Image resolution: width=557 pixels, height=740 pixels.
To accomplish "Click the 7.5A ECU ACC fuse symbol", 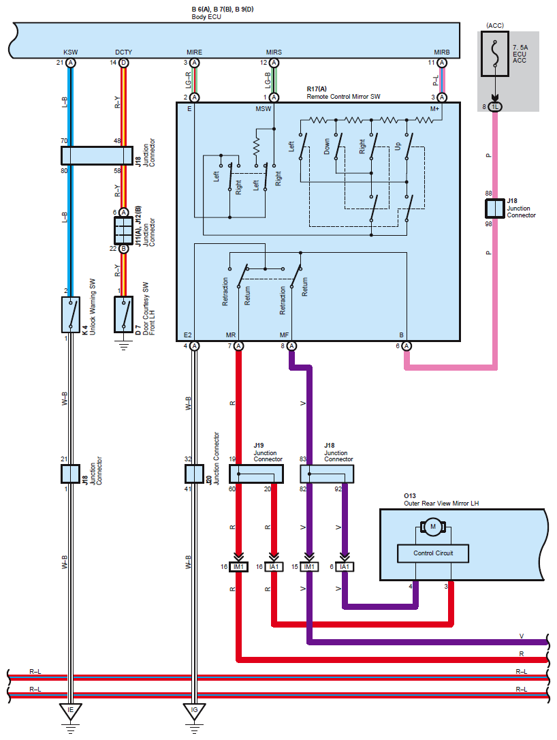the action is click(x=495, y=54).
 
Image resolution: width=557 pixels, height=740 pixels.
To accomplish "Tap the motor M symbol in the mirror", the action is click(x=433, y=527).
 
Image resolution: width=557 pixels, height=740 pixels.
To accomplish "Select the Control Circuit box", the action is click(x=433, y=553).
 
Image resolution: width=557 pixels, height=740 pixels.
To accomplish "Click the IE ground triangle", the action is click(x=70, y=711).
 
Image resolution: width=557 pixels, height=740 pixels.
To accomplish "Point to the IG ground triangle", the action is click(x=194, y=711).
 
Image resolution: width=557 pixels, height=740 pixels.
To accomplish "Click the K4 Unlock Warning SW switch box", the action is click(x=71, y=314).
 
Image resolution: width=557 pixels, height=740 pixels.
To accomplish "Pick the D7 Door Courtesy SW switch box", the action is click(x=123, y=314).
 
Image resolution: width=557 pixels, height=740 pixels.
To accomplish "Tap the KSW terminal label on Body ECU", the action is click(x=70, y=52).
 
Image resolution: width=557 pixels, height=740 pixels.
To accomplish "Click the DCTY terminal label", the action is click(x=123, y=52).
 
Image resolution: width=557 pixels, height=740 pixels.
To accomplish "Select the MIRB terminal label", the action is click(x=442, y=52).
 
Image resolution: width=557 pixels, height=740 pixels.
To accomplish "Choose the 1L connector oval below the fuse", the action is click(x=495, y=107).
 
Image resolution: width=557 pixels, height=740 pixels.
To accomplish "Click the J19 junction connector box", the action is click(x=256, y=474).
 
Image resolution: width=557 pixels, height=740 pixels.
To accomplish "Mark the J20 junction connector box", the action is click(x=194, y=474).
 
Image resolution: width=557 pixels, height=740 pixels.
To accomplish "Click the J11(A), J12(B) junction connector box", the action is click(x=123, y=230).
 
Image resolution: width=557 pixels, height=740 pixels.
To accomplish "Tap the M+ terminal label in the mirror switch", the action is click(x=434, y=109).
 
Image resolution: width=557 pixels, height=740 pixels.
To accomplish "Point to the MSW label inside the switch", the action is click(x=263, y=109).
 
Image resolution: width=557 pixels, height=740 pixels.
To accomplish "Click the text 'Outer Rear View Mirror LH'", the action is click(x=441, y=504).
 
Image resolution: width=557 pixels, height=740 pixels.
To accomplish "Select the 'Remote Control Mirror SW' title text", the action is click(x=343, y=97).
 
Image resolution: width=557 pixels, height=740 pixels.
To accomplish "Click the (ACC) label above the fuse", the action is click(x=495, y=25).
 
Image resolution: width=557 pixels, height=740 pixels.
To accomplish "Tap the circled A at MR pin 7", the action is click(x=238, y=346).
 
